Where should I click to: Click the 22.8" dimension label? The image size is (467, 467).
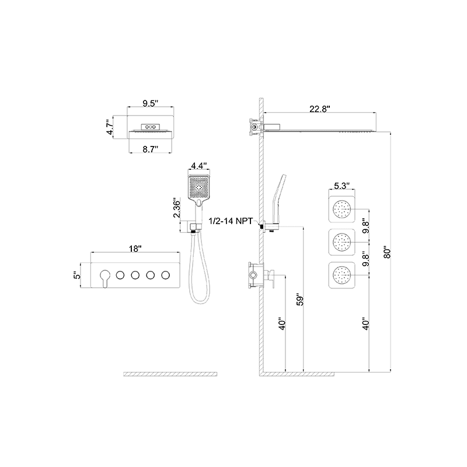point(320,109)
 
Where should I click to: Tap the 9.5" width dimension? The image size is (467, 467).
point(150,103)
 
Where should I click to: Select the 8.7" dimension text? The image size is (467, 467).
point(150,149)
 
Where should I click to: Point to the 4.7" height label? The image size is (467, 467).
point(110,127)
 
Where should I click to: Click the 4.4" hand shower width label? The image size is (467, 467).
point(198,165)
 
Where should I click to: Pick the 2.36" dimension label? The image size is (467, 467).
point(176,207)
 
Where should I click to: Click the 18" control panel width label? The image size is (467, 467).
point(135,249)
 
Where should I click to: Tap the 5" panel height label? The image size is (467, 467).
point(77,275)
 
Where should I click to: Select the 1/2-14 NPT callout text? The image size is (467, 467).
point(231,221)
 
